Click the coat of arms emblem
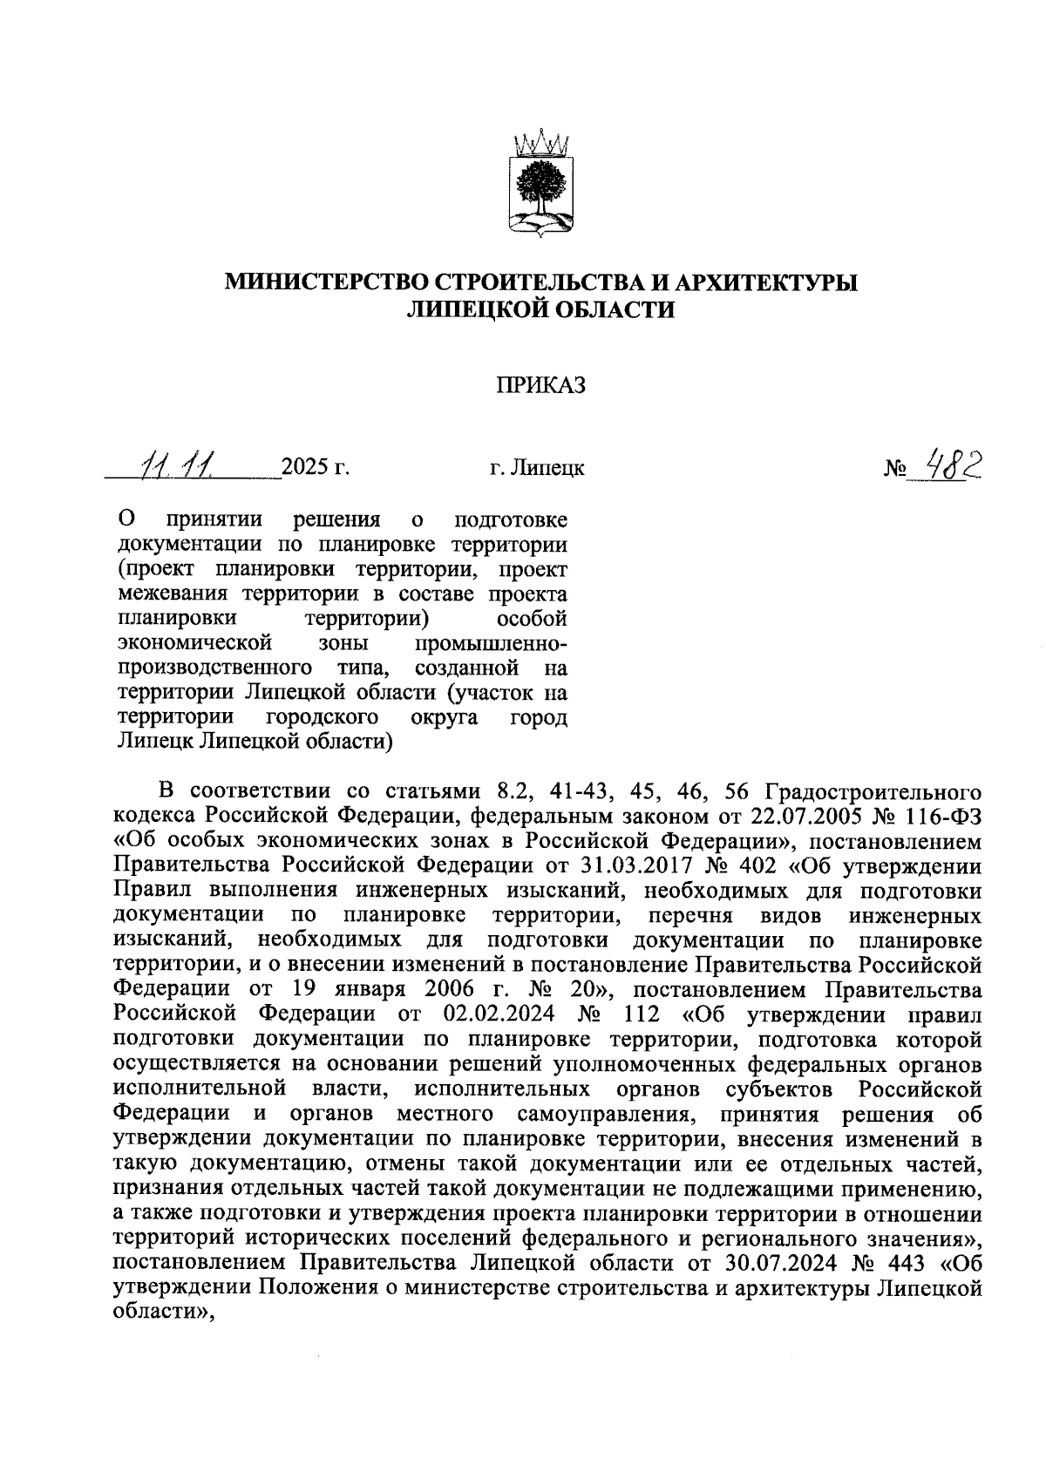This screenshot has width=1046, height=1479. pyautogui.click(x=540, y=184)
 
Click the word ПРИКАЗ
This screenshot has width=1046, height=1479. pyautogui.click(x=540, y=385)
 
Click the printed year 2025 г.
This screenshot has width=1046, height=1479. pyautogui.click(x=315, y=468)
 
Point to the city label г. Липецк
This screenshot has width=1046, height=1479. pyautogui.click(x=537, y=469)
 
